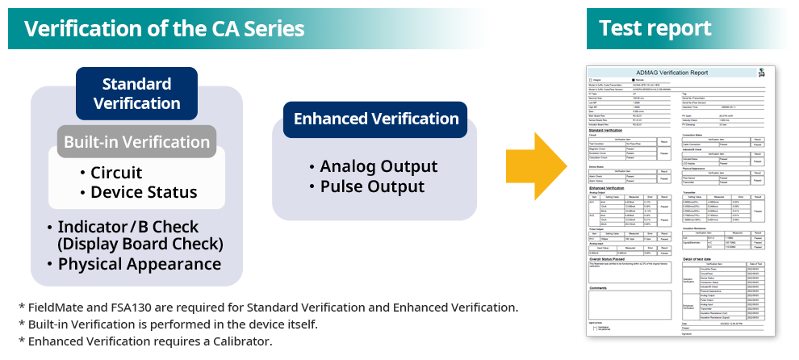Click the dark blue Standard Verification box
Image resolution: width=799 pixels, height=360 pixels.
136,94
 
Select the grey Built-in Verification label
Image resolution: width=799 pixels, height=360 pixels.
136,142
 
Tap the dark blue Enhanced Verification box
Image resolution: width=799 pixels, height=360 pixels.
376,119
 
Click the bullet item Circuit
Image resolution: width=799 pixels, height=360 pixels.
116,173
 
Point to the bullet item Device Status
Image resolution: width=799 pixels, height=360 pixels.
144,192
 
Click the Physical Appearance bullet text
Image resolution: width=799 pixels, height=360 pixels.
140,264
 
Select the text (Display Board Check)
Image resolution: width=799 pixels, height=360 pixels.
140,244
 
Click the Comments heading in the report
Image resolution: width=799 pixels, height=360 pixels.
600,287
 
